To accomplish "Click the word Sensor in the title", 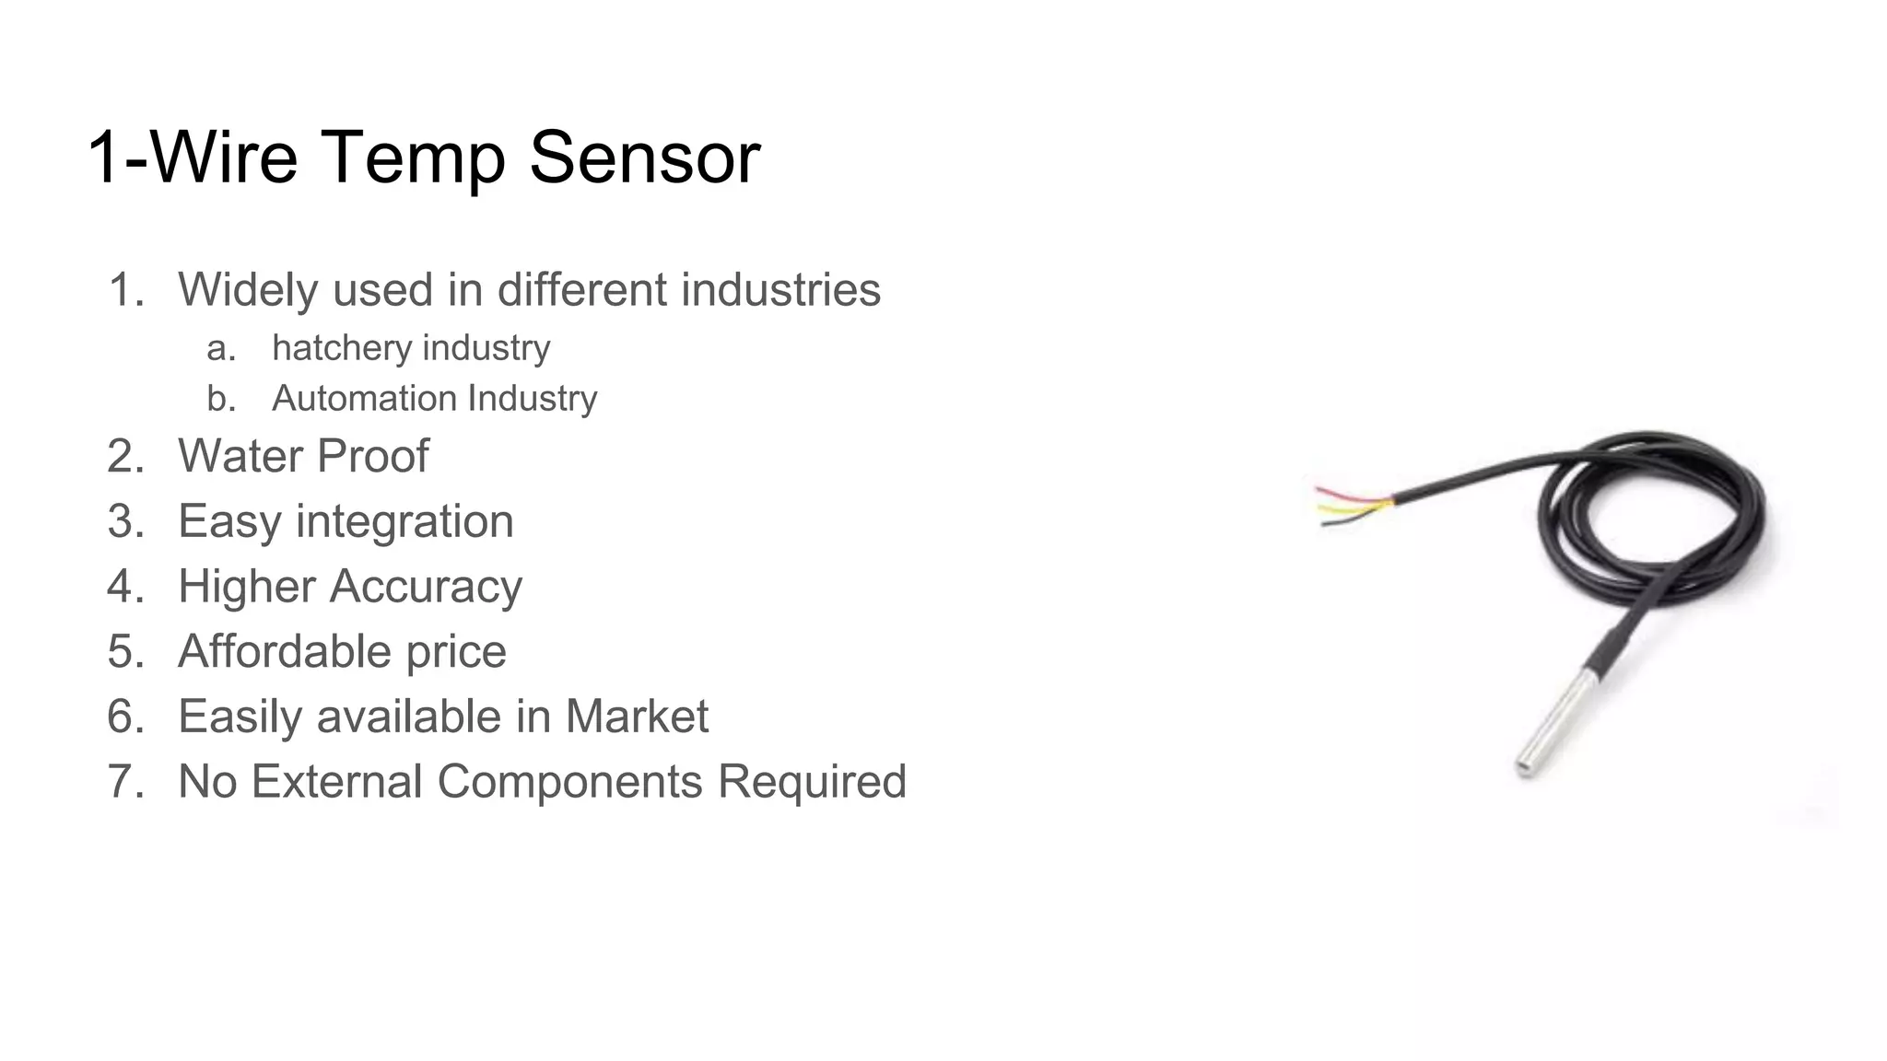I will (644, 157).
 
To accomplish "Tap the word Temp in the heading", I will (414, 157).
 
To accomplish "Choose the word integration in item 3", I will (404, 521).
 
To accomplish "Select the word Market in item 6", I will (637, 717).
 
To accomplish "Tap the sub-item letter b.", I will (219, 399).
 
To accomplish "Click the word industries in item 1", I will (781, 290).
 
